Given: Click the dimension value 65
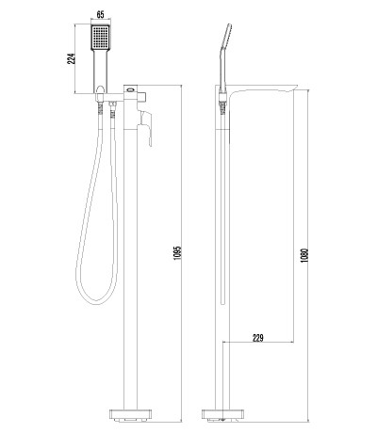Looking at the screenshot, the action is click(x=100, y=14).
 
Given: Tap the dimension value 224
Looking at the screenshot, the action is click(x=72, y=58).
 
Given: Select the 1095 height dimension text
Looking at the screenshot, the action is click(x=178, y=252).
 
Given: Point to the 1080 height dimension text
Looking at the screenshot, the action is click(x=304, y=256).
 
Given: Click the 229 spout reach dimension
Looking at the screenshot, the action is click(x=258, y=338).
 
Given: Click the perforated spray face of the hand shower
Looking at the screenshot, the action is click(x=101, y=37).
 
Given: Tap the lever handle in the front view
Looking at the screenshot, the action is click(x=146, y=126).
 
